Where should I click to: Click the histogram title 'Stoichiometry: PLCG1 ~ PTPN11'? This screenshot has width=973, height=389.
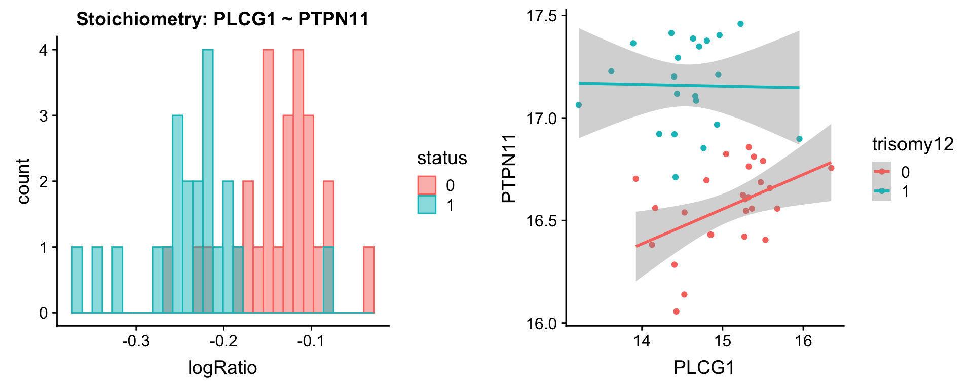(x=222, y=19)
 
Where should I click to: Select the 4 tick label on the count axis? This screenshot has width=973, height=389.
(x=44, y=50)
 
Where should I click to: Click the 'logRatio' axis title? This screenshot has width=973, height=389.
(x=222, y=368)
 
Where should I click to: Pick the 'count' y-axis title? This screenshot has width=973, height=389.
(x=23, y=181)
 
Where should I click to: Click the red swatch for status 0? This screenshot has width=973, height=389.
(x=427, y=185)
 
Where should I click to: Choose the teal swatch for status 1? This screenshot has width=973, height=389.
(x=427, y=205)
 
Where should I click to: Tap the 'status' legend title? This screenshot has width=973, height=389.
(x=442, y=158)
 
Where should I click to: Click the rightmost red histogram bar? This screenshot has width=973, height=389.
(x=369, y=280)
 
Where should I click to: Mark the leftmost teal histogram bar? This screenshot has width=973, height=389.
(x=77, y=280)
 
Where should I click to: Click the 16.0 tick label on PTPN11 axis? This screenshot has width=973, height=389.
(x=542, y=323)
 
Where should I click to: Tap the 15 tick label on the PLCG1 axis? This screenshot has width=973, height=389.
(x=722, y=341)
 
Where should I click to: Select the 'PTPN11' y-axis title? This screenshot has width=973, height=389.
(x=508, y=169)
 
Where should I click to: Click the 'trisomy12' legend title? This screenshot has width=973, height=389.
(x=913, y=145)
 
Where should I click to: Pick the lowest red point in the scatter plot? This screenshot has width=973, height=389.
(x=676, y=312)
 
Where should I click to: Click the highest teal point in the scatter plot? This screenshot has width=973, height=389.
(x=740, y=24)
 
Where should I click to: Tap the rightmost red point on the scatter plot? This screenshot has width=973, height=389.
(x=831, y=168)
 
